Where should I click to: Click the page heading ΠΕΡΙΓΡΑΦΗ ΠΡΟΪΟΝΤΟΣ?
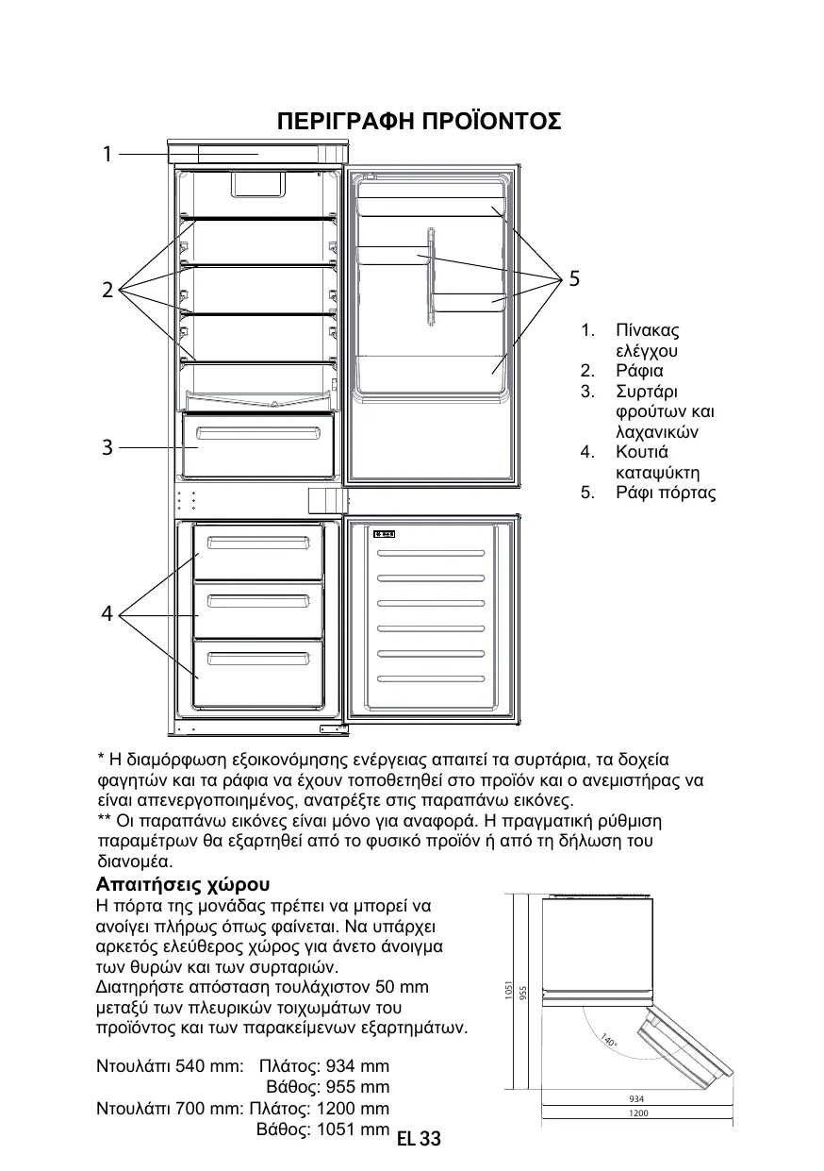tap(419, 122)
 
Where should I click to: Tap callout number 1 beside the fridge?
tap(107, 153)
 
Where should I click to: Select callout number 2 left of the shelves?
tap(107, 290)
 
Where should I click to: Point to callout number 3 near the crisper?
tap(107, 447)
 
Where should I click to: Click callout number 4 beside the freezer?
tap(107, 614)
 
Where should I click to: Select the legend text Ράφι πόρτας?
tap(666, 493)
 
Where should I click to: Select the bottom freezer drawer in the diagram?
tap(258, 672)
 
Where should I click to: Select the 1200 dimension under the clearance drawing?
tap(638, 1113)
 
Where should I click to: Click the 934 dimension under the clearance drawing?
tap(636, 1099)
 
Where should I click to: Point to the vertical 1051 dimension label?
tap(508, 990)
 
